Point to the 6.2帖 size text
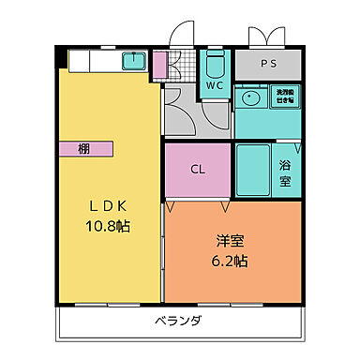pos(229,262)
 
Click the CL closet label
pos(198,170)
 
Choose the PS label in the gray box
pos(268,65)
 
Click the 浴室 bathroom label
pos(285,172)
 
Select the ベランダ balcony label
pos(178,322)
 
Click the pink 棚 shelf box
pos(84,148)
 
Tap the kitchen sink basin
pos(135,62)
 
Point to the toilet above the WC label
pos(214,64)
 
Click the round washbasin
pos(251,97)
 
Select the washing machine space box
pos(284,97)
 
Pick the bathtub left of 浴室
pos(252,169)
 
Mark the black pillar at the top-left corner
pos(62,56)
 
